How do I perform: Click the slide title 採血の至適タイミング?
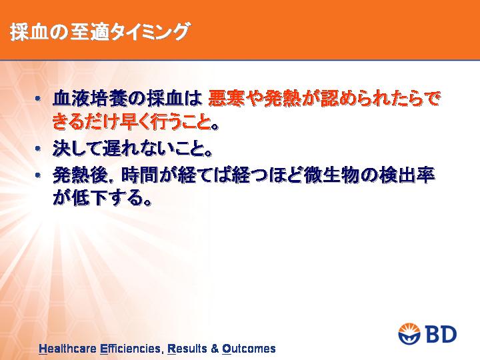pyautogui.click(x=99, y=32)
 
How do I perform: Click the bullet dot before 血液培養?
pyautogui.click(x=37, y=99)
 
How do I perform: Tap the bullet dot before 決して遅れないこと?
pyautogui.click(x=37, y=149)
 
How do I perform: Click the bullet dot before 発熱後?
pyautogui.click(x=37, y=175)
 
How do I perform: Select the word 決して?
pyautogui.click(x=77, y=149)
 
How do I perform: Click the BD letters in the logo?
pyautogui.click(x=441, y=334)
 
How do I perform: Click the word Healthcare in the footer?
pyautogui.click(x=67, y=349)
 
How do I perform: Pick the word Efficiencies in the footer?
pyautogui.click(x=131, y=349)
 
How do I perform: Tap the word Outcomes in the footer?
pyautogui.click(x=249, y=349)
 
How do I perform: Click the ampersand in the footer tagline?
pyautogui.click(x=215, y=349)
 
